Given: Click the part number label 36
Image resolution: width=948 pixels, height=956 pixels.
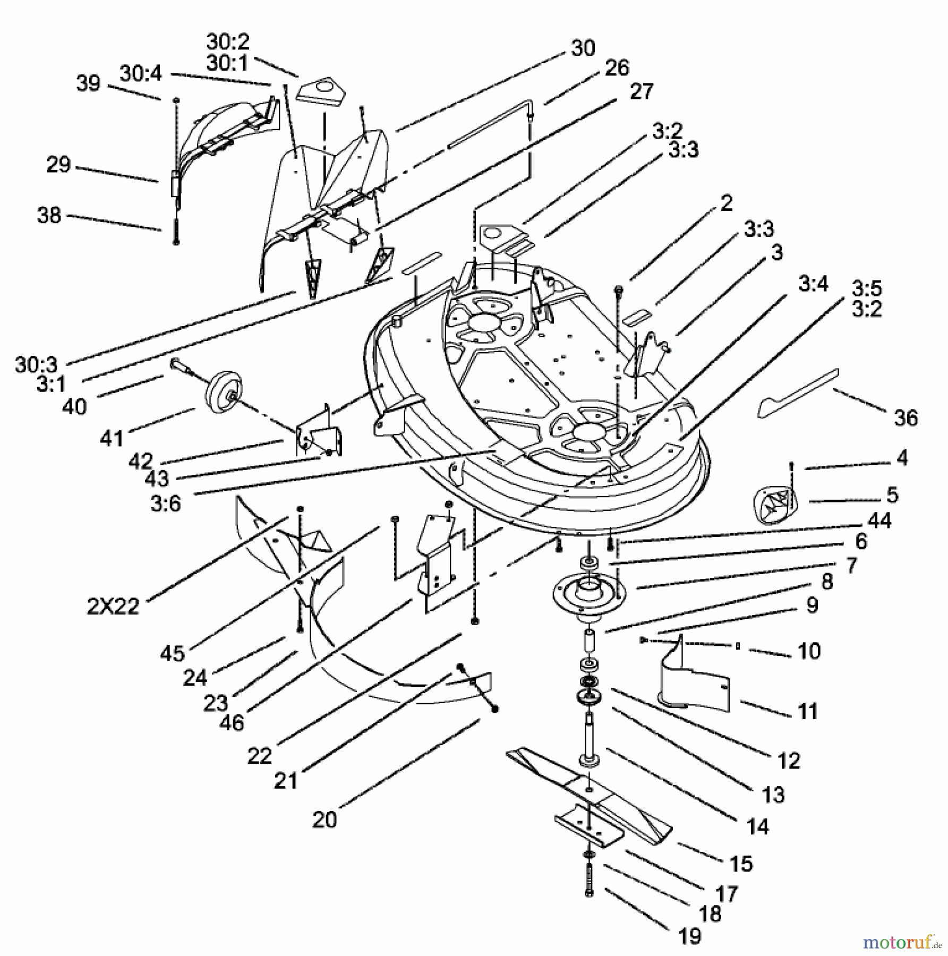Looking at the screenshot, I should (906, 418).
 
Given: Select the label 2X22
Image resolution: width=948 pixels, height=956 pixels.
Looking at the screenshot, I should (113, 606).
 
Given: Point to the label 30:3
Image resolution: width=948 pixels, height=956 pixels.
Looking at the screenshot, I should (36, 365).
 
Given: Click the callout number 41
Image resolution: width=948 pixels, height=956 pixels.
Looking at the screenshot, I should (112, 439).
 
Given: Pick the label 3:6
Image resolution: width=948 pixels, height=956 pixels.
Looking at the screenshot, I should (166, 503).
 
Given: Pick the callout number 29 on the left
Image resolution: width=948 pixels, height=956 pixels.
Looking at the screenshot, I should (58, 165).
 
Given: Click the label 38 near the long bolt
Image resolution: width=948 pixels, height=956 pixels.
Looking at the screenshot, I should (49, 215).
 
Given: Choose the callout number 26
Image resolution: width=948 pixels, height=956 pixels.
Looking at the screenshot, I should (617, 68).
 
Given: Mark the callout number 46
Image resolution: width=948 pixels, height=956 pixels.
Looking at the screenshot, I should (231, 722).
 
